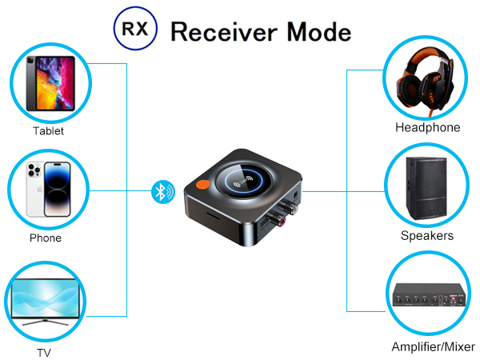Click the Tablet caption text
click(48, 131)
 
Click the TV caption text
click(45, 352)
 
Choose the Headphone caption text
click(427, 128)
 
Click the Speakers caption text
click(427, 236)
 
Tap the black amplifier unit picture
click(427, 296)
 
